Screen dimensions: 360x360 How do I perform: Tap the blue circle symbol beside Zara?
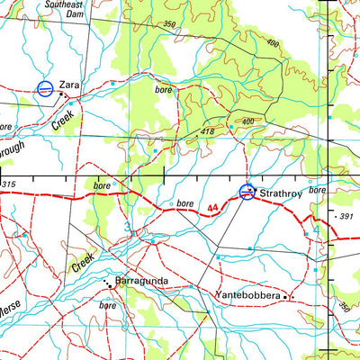coord(43,88)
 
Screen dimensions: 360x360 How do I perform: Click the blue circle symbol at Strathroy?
coord(247,191)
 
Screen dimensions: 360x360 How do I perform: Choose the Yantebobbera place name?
coord(247,294)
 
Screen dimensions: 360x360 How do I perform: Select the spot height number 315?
coord(9,184)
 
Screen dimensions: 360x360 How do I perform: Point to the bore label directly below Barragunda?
coord(108,305)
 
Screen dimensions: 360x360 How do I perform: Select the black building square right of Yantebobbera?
coord(287,296)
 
